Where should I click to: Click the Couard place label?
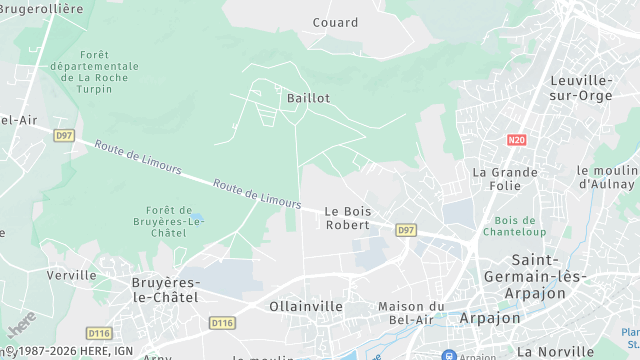[x=335, y=22]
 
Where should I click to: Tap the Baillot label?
[x=308, y=98]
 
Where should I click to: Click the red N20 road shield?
[x=516, y=141]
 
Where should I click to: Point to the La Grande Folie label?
[x=505, y=178]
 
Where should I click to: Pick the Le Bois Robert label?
[x=348, y=217]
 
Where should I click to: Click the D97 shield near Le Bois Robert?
[x=405, y=230]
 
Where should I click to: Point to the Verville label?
[x=71, y=274]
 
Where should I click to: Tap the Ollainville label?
[x=306, y=306]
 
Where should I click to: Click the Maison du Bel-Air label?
[x=411, y=313]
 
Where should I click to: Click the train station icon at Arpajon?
[x=449, y=354]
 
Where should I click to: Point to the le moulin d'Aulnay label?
[x=607, y=177]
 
